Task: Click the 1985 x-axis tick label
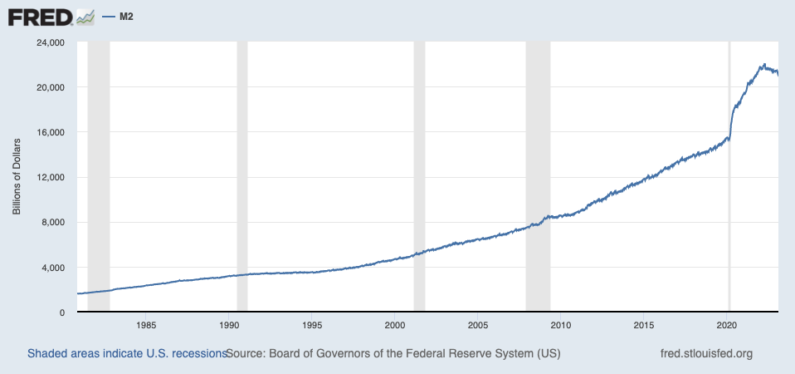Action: pos(146,324)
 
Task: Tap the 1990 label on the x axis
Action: pos(229,324)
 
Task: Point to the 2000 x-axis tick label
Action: pos(395,324)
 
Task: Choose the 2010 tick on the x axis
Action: pos(562,324)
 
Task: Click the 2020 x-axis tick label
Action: pos(728,324)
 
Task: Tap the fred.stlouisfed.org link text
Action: pos(705,353)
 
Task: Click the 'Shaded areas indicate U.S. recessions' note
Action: pos(127,353)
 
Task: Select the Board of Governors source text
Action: pos(393,353)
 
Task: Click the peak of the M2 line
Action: pos(763,64)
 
